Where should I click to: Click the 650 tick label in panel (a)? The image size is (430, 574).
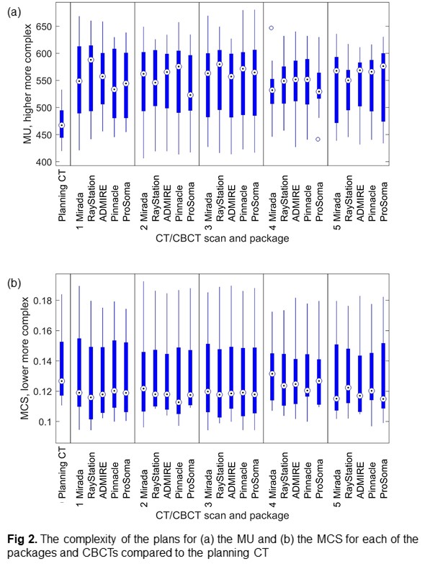(x=43, y=27)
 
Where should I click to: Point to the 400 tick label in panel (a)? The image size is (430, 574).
(x=43, y=162)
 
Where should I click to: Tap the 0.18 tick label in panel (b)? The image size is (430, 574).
(x=42, y=301)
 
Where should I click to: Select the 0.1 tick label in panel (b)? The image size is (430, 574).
(x=45, y=422)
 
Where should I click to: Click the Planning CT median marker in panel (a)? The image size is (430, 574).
(x=62, y=125)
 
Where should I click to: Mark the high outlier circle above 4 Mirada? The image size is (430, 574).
(x=272, y=28)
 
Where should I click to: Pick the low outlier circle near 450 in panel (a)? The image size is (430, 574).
(x=318, y=139)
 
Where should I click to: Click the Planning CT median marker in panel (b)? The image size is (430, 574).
(x=62, y=381)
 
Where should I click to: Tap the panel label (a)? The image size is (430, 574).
(x=14, y=12)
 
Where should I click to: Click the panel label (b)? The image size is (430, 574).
(x=14, y=283)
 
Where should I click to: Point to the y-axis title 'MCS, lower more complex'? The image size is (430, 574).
(x=24, y=358)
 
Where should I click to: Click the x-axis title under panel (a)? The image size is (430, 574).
(x=222, y=238)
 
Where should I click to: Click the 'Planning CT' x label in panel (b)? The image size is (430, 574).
(x=63, y=473)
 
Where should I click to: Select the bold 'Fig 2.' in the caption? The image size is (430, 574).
(x=22, y=539)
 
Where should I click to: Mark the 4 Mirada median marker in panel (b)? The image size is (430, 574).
(x=272, y=374)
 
